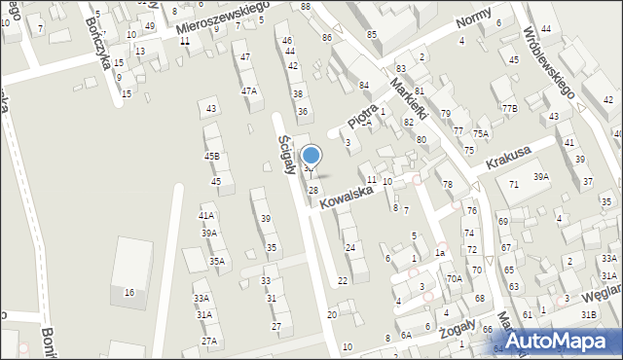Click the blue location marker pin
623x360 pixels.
point(311,155)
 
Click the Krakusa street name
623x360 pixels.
point(511,156)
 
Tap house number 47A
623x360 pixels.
point(249,90)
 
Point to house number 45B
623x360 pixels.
point(211,156)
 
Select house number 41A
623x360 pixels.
point(206,215)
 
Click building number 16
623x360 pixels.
point(128,292)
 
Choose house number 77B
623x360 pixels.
point(509,108)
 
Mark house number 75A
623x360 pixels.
point(481,133)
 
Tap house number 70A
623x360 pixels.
point(455,277)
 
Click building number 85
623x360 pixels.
point(372,34)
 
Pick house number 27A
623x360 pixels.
point(208,341)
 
